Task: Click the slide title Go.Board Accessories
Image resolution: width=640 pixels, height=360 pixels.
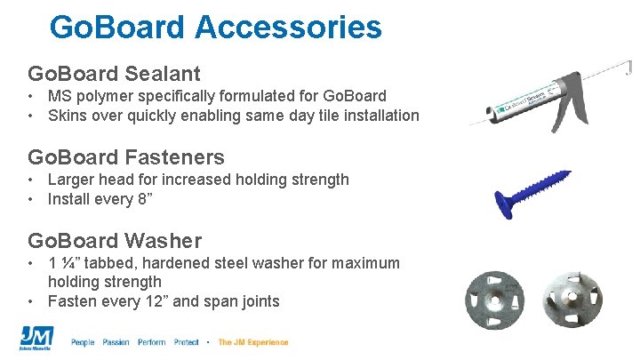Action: (x=216, y=27)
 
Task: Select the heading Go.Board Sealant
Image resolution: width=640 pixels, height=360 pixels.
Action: (x=115, y=73)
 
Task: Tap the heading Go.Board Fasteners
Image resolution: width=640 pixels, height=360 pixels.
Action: (x=126, y=157)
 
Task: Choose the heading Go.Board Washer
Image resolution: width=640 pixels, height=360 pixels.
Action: (x=115, y=240)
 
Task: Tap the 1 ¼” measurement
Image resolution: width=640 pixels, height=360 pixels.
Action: (x=68, y=264)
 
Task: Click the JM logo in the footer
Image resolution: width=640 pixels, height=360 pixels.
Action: (x=36, y=340)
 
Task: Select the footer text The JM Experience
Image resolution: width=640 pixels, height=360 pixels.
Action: (x=253, y=342)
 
